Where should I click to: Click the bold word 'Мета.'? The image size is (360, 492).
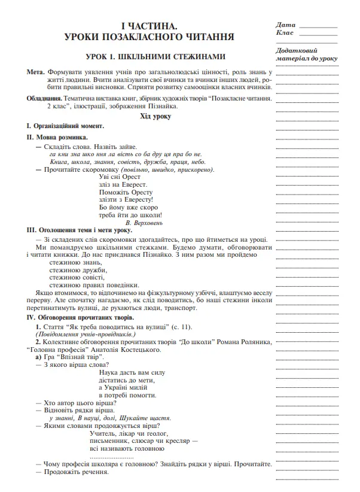point(36,71)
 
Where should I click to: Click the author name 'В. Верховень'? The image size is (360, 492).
point(145,221)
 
